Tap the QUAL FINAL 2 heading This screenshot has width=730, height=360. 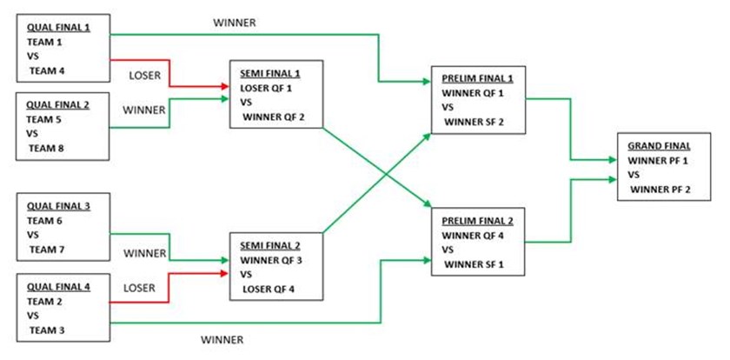tap(58, 105)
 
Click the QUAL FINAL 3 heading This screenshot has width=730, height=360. tap(58, 206)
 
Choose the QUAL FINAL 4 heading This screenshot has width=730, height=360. tap(58, 284)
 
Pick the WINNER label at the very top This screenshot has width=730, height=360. tap(234, 23)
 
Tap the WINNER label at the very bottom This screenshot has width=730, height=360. tap(222, 338)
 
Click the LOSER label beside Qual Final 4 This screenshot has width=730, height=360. tap(140, 287)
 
